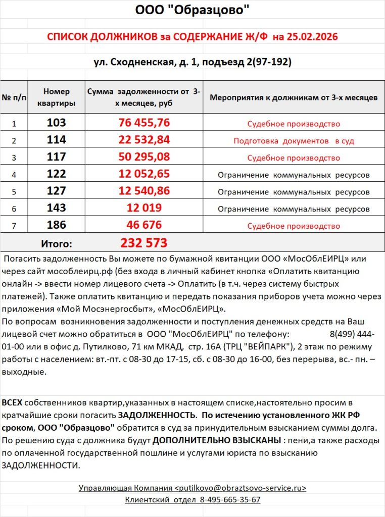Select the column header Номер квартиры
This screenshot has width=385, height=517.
[x=56, y=97]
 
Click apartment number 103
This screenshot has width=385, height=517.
[x=56, y=123]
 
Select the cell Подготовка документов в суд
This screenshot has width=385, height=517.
[x=294, y=141]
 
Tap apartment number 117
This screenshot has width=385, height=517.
[x=56, y=157]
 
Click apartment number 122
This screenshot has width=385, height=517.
[x=56, y=174]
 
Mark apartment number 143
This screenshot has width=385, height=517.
[x=56, y=208]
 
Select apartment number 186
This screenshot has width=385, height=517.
[x=56, y=225]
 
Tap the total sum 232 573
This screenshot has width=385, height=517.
[x=143, y=243]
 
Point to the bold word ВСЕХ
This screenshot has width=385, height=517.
[x=12, y=403]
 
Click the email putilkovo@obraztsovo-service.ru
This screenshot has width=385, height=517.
[x=240, y=488]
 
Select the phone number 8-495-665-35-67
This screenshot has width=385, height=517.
[x=230, y=500]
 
